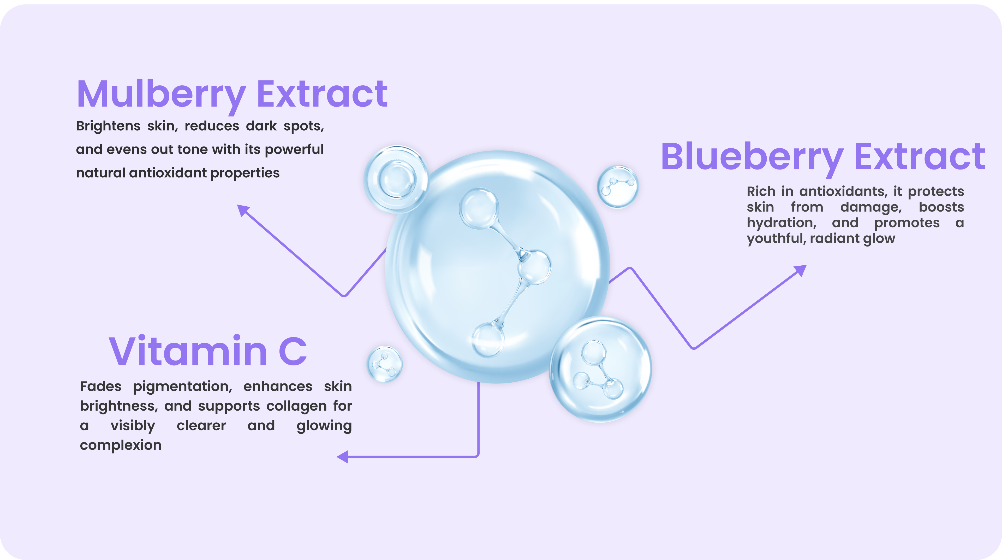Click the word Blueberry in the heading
752,158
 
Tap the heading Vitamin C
208,351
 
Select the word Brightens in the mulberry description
108,126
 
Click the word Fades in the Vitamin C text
100,386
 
